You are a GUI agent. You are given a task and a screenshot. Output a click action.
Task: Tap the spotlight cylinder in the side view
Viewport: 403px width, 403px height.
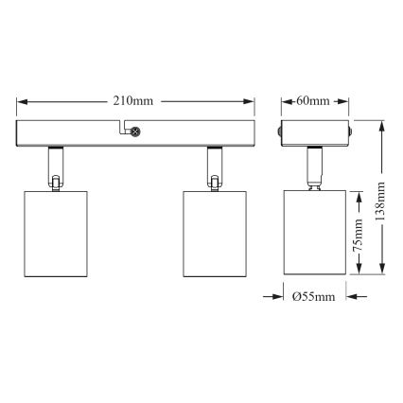coord(313,232)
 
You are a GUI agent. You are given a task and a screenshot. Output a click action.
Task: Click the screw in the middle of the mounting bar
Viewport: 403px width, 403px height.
coord(134,133)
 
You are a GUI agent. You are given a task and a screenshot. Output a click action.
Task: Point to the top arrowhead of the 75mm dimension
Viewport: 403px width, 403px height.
coord(359,195)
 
